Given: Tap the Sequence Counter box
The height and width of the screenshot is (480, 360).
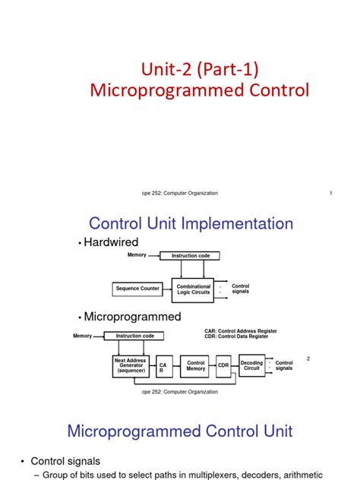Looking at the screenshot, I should coord(137,289).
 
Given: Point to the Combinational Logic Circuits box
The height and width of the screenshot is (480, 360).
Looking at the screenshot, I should coord(193,289).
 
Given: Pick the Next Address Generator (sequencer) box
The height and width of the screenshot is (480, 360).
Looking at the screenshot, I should coord(131,366).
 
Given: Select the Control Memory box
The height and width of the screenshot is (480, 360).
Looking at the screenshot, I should coord(196,366).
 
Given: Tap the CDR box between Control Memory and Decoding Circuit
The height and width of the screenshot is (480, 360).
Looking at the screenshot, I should coord(223,366).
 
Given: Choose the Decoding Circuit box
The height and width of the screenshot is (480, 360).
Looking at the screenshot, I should coord(252,366).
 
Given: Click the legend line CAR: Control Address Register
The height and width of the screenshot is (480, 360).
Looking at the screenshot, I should coord(241,331).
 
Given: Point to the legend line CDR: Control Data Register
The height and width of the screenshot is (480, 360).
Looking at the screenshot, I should coord(238,336).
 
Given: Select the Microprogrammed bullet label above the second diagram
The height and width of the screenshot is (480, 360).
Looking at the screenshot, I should coord(132,316).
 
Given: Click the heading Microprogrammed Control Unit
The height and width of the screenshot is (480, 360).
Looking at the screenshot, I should coord(180,431).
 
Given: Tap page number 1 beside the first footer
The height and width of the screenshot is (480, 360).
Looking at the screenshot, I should coord(332,193).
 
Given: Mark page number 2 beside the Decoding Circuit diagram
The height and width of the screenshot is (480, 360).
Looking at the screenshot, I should coord(309,358).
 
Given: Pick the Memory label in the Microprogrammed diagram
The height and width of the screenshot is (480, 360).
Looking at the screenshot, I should coord(82,336).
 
